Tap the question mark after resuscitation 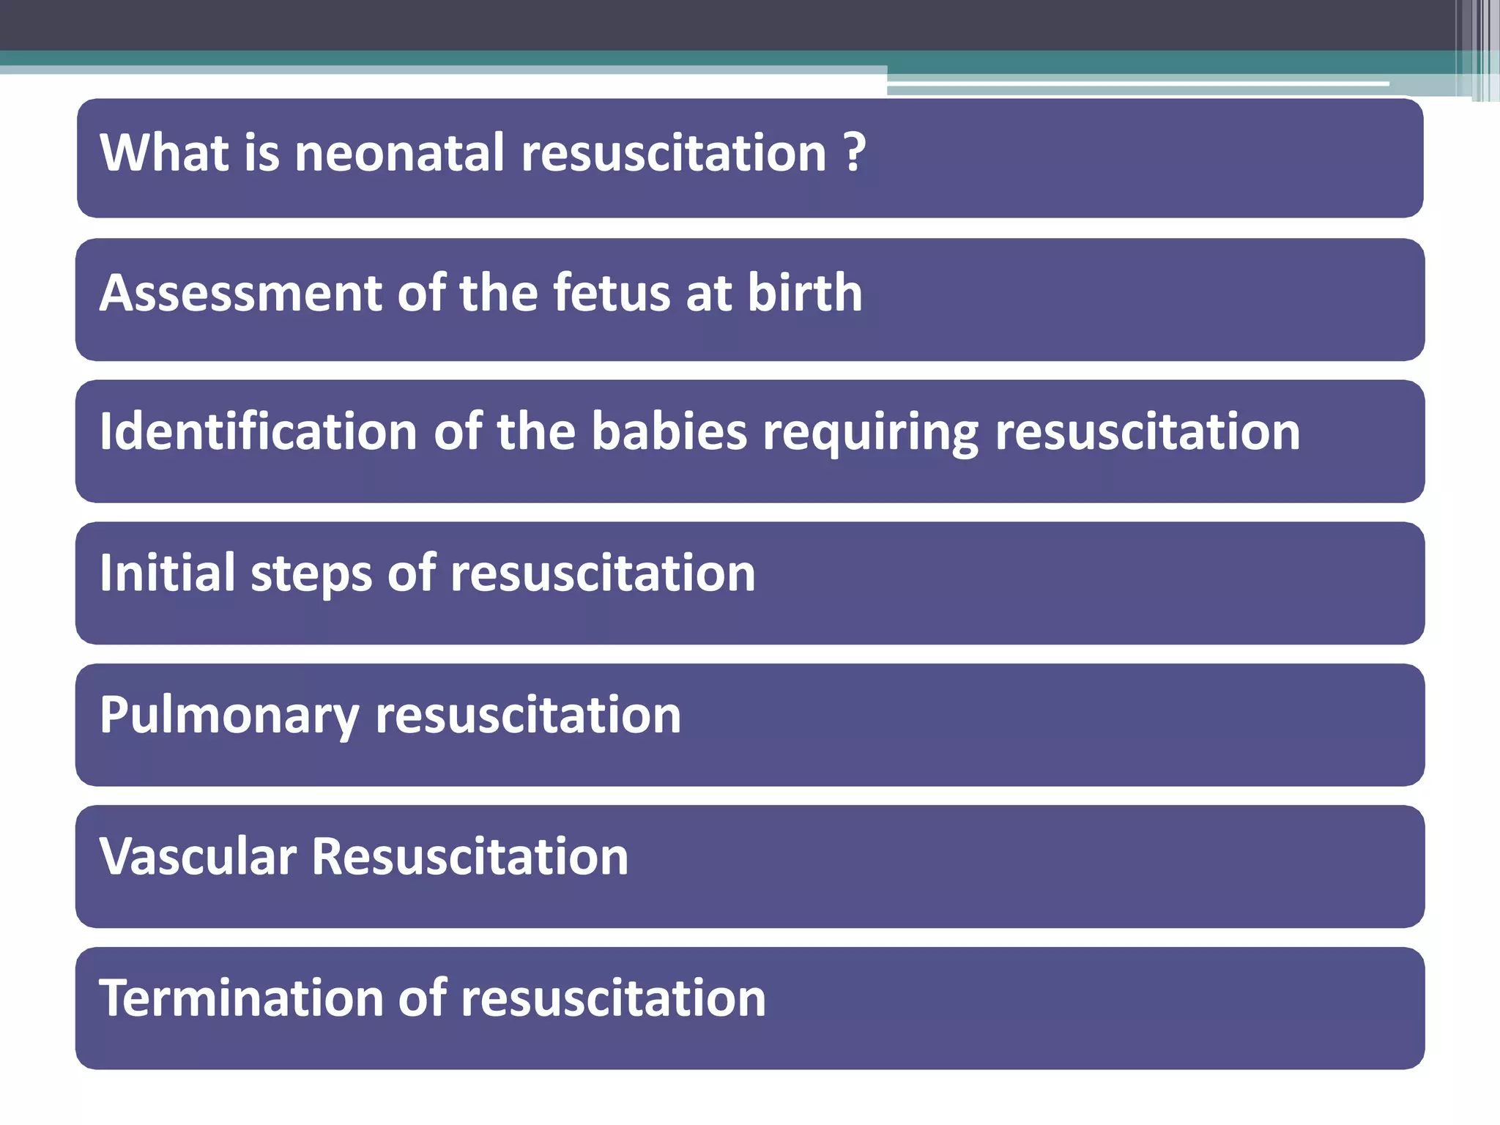click(855, 153)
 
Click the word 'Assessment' click(241, 293)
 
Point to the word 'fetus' click(611, 293)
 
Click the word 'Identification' click(259, 431)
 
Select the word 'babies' click(669, 431)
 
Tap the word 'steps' click(311, 574)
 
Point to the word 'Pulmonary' click(229, 716)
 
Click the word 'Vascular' click(198, 856)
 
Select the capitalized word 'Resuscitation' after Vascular click(470, 856)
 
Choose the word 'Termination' click(241, 998)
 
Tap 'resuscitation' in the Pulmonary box click(528, 715)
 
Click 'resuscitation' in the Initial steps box click(603, 573)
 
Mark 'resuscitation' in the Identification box click(1147, 431)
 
